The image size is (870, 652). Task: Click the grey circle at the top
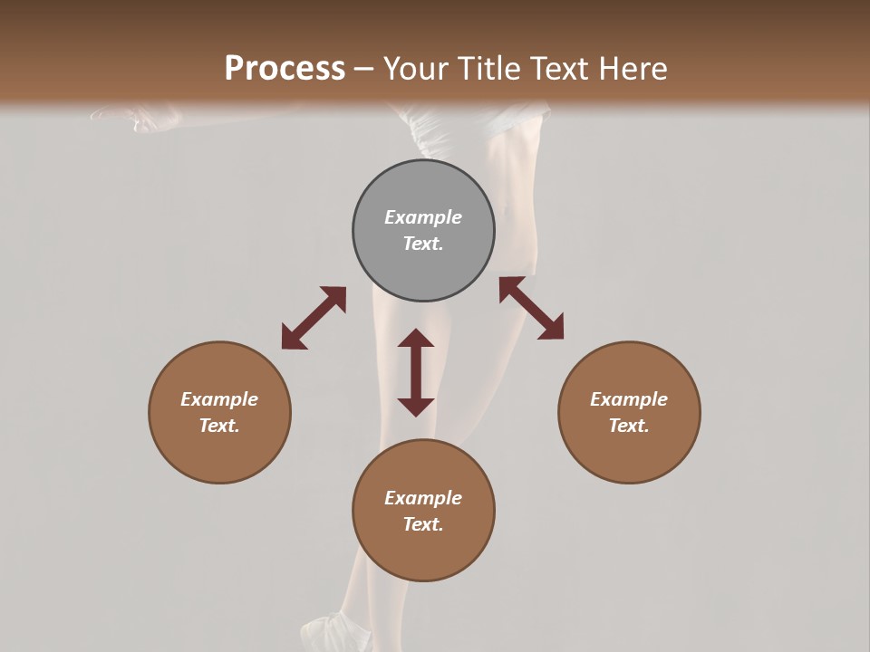423,231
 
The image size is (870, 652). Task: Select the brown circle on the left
219,412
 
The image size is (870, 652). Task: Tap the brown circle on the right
629,412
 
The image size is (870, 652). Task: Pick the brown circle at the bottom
423,511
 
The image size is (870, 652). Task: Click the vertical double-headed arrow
416,372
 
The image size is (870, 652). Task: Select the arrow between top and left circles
314,318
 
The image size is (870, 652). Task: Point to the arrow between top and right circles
532,308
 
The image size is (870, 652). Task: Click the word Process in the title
285,68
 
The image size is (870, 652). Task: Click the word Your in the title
418,68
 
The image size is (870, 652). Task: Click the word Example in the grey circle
423,217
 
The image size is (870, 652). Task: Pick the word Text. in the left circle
219,426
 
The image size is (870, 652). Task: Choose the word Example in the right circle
629,399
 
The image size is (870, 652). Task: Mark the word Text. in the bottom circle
423,524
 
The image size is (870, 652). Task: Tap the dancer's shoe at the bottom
335,631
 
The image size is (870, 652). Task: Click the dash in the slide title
364,69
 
